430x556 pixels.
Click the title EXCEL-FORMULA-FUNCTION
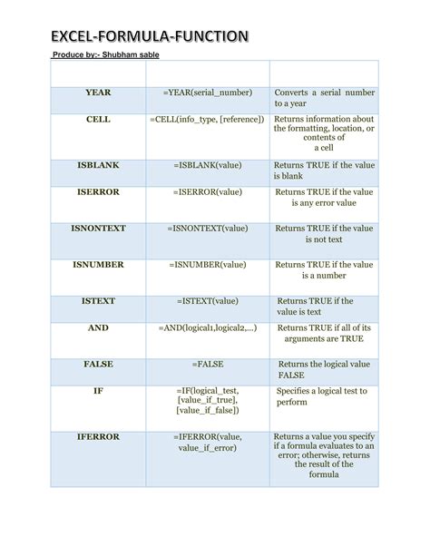149,37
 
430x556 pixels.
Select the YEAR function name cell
98,93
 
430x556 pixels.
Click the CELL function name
98,120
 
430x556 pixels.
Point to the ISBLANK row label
98,165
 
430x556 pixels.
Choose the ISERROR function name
98,192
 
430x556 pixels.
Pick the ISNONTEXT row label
98,229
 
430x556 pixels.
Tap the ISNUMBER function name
98,265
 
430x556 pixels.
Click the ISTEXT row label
98,301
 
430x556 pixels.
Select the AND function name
98,328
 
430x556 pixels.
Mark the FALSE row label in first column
98,364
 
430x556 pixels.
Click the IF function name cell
98,391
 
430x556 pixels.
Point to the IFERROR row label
98,436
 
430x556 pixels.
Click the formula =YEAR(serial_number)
208,93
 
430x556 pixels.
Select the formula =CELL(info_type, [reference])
208,120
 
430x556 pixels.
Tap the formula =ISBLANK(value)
208,165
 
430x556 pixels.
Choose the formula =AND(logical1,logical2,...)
208,328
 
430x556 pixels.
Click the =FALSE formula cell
208,364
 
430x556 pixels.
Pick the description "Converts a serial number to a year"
324,99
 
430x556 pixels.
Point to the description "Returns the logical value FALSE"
324,369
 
